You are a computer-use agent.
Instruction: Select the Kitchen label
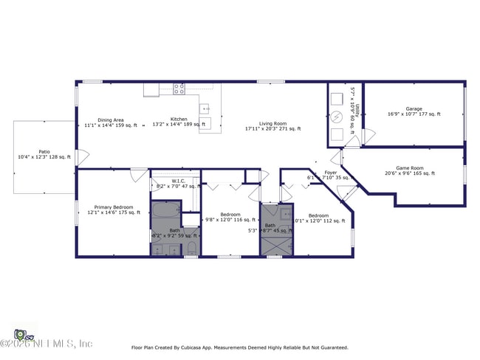click(x=179, y=120)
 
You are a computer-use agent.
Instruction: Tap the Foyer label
click(x=331, y=173)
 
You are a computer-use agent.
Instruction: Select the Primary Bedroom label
click(x=113, y=207)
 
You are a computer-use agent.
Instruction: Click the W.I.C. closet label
click(x=178, y=181)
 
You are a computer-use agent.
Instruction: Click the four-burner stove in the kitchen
click(x=179, y=89)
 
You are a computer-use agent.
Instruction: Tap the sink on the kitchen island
click(x=207, y=123)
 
